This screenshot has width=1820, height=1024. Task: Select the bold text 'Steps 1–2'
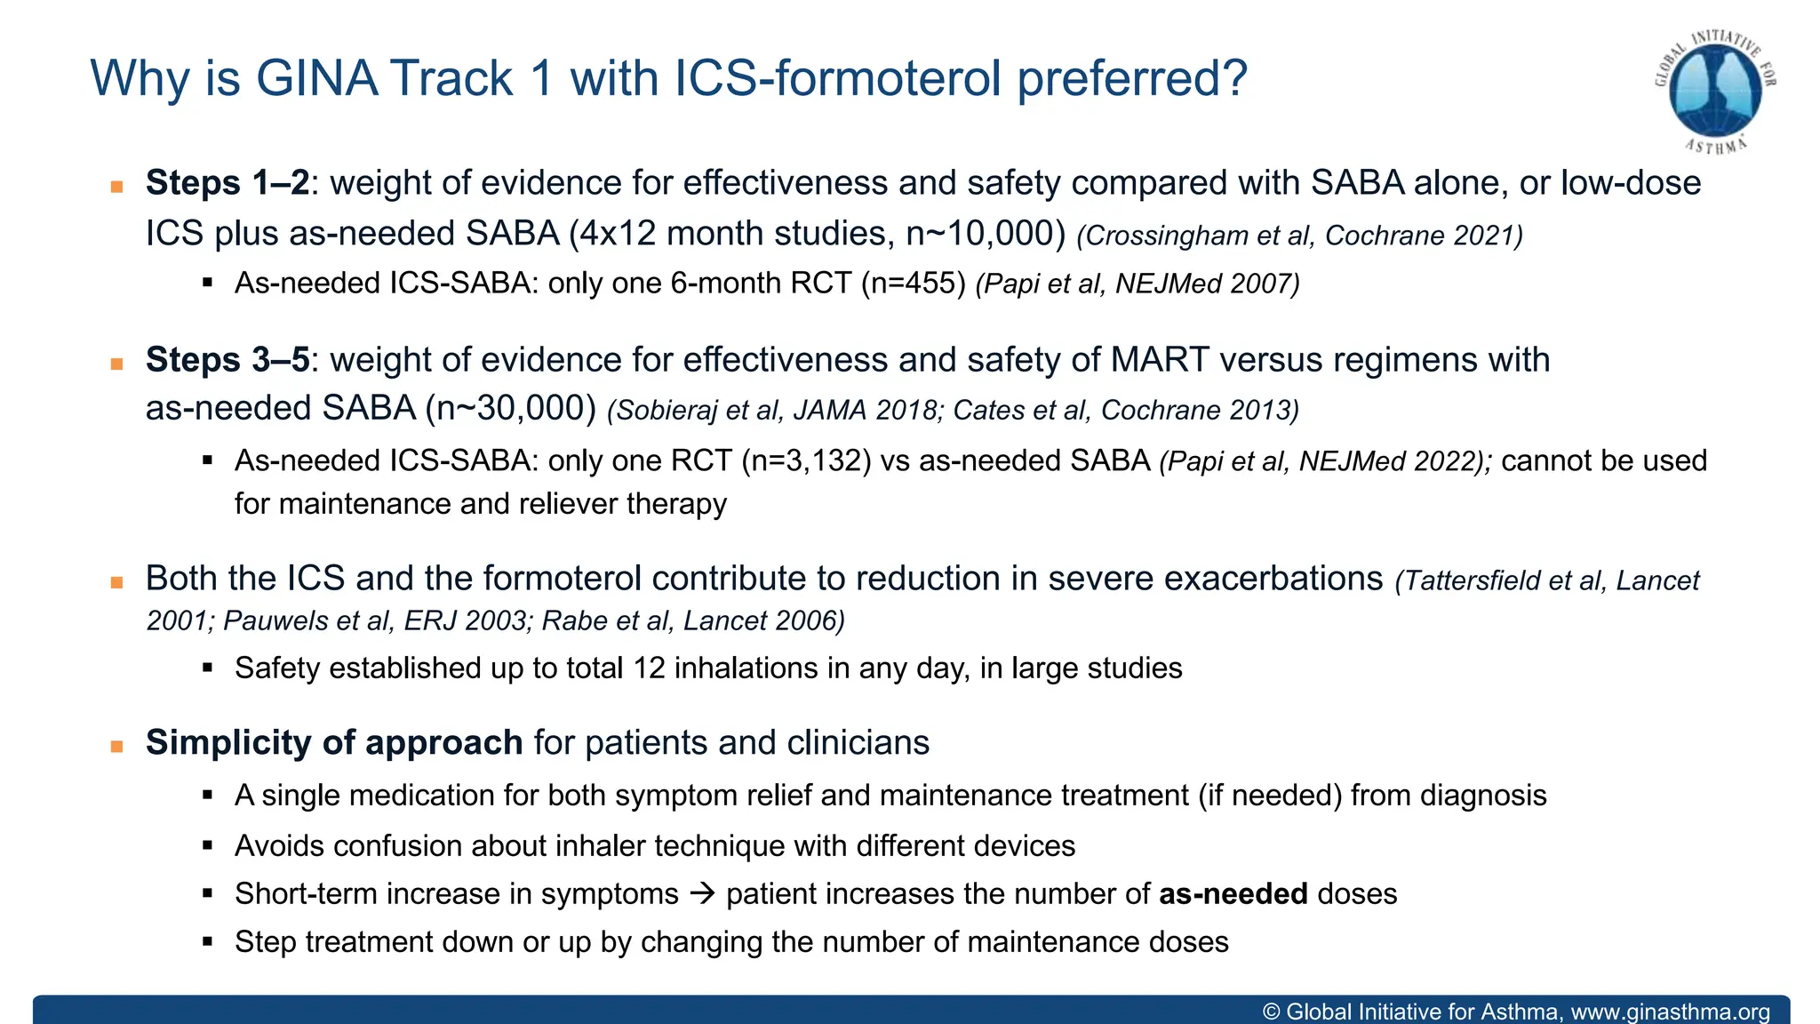pos(227,183)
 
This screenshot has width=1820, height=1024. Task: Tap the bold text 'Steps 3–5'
pos(227,360)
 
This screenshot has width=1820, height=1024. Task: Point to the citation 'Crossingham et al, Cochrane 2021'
pos(1299,236)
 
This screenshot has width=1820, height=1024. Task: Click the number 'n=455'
pos(914,284)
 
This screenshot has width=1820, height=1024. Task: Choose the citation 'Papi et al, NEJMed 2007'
pos(1137,284)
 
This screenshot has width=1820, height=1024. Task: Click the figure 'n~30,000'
pos(510,408)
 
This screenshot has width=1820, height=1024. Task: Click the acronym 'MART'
pos(1160,360)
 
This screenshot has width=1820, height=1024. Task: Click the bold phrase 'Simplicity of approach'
pos(334,743)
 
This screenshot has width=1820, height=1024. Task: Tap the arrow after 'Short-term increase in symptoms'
pos(702,893)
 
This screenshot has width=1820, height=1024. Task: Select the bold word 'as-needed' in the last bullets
pos(1233,894)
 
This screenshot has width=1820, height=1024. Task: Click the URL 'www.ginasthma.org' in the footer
pos(1670,1012)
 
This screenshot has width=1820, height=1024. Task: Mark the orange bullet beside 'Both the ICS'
pos(116,583)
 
